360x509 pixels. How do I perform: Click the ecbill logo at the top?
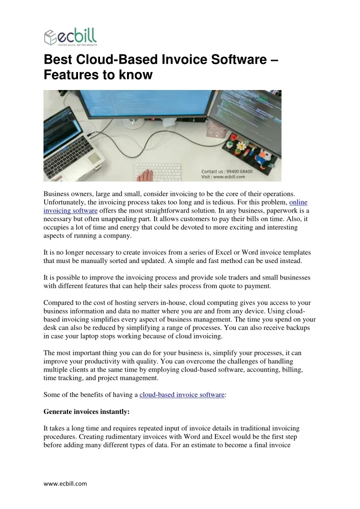70,37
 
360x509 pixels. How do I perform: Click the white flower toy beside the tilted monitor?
242,146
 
